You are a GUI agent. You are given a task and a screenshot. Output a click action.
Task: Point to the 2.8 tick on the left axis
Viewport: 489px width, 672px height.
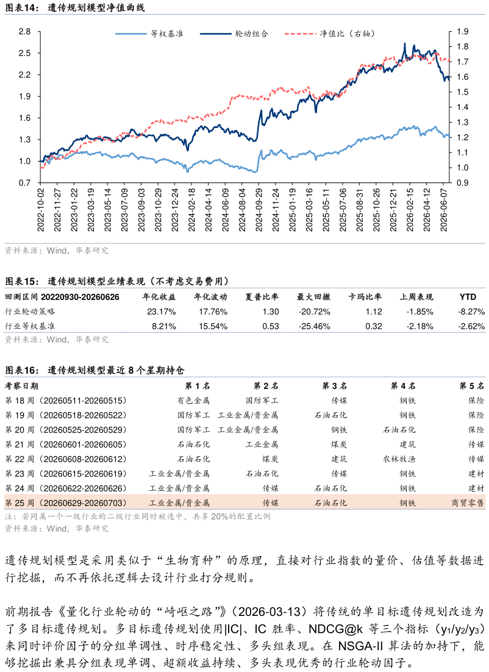pos(25,31)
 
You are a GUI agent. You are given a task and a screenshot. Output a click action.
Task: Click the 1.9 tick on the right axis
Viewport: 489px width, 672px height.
pos(462,31)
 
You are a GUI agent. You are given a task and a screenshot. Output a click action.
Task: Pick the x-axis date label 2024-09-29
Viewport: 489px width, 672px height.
pos(259,210)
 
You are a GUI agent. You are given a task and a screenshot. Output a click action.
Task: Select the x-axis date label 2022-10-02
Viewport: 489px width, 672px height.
pos(41,210)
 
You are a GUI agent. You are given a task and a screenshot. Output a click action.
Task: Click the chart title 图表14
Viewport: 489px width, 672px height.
pos(20,8)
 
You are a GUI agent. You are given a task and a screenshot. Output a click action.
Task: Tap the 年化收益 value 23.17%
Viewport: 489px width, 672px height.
pos(162,312)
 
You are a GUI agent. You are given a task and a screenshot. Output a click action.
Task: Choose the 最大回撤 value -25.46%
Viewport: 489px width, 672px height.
pos(315,326)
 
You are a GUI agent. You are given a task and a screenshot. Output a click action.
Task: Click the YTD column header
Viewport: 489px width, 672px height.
pos(468,297)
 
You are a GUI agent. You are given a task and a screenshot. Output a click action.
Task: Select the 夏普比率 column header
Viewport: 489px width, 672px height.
pos(262,297)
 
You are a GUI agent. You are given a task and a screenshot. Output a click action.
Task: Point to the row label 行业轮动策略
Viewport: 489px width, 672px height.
pos(30,312)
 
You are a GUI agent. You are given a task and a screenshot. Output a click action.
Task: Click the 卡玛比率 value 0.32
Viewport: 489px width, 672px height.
pos(374,326)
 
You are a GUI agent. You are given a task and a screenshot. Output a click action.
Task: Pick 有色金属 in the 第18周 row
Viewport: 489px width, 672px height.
pos(194,401)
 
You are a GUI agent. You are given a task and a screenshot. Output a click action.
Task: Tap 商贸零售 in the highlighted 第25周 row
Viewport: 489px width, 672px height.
pos(468,502)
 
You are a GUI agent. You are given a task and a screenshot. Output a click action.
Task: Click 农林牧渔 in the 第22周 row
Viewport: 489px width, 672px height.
pos(399,459)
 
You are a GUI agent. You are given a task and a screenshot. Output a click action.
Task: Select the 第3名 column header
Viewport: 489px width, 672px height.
pos(334,386)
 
